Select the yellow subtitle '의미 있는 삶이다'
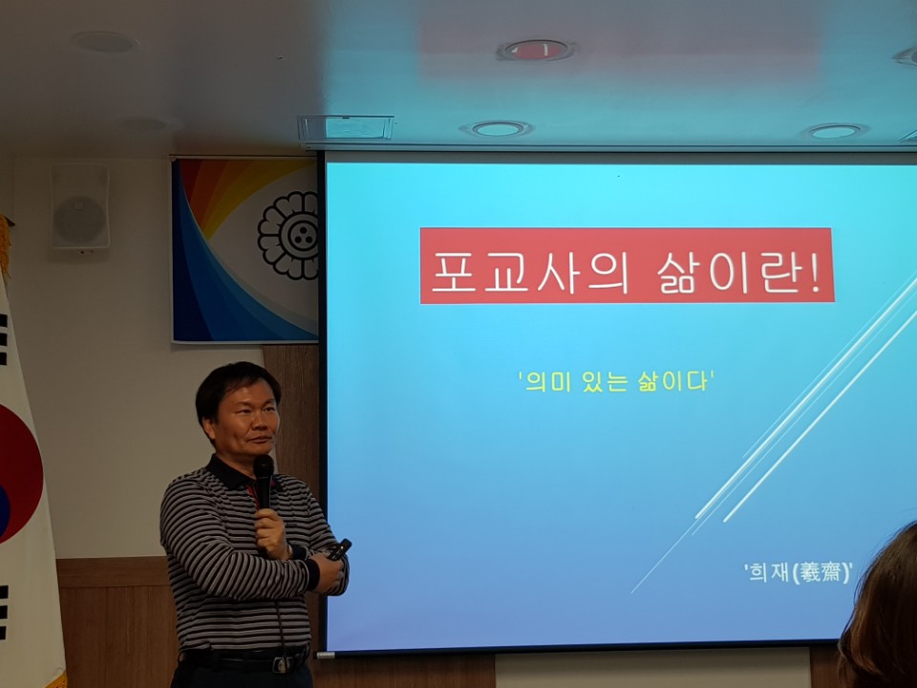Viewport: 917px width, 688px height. [615, 381]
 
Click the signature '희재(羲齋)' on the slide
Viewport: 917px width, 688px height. [799, 571]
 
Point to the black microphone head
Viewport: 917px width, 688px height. [264, 466]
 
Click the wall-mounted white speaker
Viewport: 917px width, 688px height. [80, 206]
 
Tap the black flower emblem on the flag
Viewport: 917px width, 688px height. [288, 235]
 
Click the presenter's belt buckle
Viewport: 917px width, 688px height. [280, 663]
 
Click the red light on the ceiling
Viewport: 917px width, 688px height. [536, 51]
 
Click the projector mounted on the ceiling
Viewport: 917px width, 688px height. [346, 127]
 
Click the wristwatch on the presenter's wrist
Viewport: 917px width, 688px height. [290, 550]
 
